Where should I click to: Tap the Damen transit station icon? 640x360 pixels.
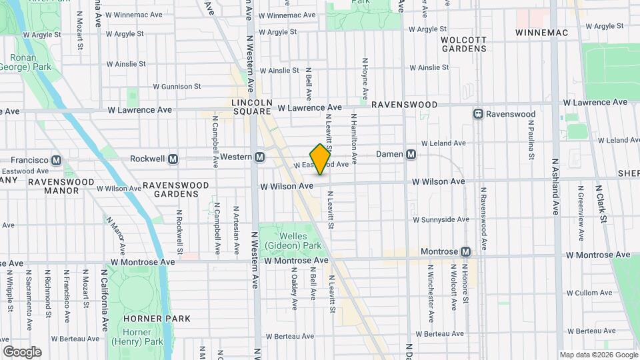[411, 154]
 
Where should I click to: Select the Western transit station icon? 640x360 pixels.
[260, 157]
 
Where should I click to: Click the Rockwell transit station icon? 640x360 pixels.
[173, 159]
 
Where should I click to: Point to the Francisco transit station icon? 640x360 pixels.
[56, 160]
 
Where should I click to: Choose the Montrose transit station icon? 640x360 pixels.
[465, 251]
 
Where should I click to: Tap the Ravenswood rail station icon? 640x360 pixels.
[478, 114]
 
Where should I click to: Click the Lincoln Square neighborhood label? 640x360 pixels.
[253, 107]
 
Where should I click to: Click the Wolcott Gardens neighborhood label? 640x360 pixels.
[464, 44]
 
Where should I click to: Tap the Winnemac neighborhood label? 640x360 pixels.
[540, 32]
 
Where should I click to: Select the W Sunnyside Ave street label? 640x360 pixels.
[441, 219]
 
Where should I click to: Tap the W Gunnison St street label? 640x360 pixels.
[177, 87]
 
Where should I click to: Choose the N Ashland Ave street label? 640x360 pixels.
[554, 186]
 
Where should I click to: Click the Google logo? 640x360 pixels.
[22, 351]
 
